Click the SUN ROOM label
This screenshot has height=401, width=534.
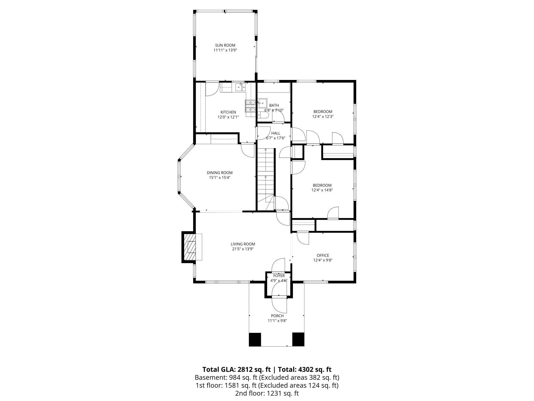225,45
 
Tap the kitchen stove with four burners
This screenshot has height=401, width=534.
250,106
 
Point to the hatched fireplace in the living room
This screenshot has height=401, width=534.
189,247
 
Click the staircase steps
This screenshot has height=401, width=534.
265,175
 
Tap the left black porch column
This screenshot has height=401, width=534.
255,339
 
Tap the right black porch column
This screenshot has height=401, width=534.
298,339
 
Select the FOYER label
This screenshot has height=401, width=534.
279,276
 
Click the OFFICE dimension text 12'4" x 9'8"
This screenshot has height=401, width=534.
323,260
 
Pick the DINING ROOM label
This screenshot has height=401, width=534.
220,173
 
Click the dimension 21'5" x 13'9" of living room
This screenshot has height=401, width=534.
243,249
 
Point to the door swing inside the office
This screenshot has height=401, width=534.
303,238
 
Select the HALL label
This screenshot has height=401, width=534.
276,133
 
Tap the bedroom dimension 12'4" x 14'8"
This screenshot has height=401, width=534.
322,190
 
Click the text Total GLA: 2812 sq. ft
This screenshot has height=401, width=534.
236,370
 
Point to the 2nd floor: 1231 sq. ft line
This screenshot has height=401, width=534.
267,393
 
